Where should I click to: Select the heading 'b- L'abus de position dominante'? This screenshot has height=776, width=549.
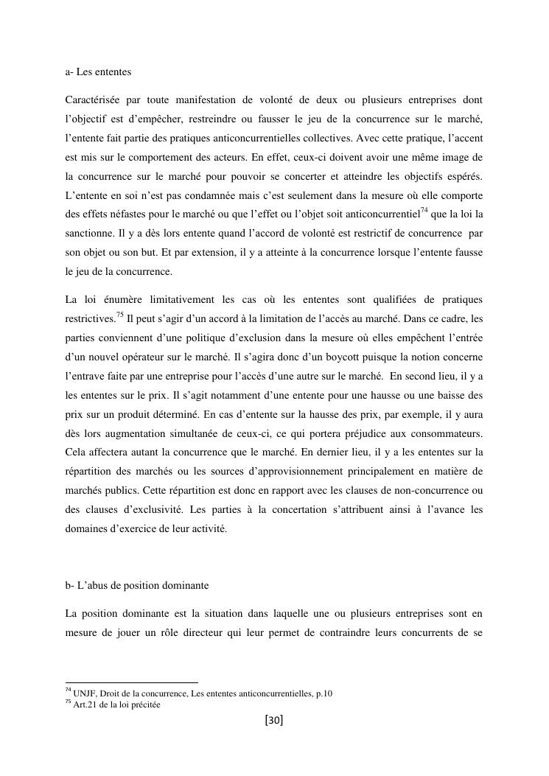pyautogui.click(x=137, y=586)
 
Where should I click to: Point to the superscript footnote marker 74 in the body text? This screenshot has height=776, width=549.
pyautogui.click(x=424, y=210)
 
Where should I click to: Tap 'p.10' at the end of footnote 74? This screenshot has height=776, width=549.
pyautogui.click(x=324, y=693)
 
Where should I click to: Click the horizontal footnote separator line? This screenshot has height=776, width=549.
pyautogui.click(x=132, y=683)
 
